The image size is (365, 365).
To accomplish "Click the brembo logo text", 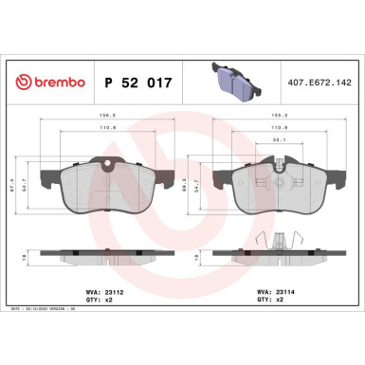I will click(x=53, y=83).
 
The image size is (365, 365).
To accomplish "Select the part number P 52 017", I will click(x=137, y=83).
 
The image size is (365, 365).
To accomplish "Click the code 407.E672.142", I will click(x=319, y=83).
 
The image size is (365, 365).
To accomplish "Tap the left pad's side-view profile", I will click(x=108, y=256).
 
